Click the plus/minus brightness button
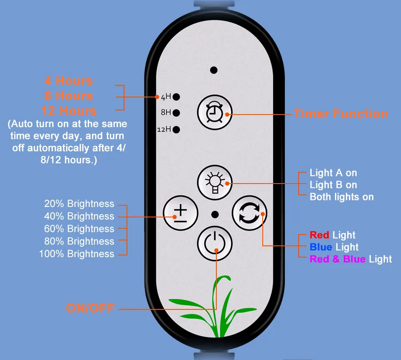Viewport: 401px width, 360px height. point(180,214)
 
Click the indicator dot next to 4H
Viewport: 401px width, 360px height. point(176,97)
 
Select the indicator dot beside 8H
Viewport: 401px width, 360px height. point(176,112)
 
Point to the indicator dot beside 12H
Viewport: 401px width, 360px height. point(176,129)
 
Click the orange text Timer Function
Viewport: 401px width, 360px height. point(340,114)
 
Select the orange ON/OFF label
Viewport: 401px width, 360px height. point(90,309)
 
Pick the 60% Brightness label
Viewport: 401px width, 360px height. point(79,229)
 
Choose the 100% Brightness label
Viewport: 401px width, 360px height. point(76,254)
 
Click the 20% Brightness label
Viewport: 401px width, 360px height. point(79,204)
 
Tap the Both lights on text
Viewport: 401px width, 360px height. point(341,197)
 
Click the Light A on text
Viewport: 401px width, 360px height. point(333,173)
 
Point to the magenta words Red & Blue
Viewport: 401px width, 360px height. point(337,259)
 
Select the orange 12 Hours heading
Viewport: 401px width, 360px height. point(69,111)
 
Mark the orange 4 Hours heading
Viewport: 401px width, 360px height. point(69,81)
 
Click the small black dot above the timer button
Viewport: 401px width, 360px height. point(214,70)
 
